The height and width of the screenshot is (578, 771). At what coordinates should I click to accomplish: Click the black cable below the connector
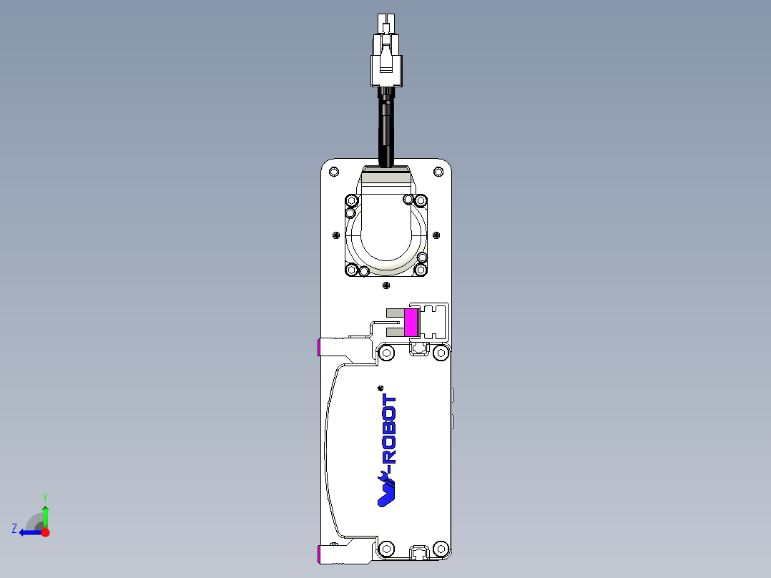point(386,129)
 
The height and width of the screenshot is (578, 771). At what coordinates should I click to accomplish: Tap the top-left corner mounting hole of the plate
point(333,172)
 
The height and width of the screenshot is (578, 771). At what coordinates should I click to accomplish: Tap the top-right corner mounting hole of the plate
point(438,172)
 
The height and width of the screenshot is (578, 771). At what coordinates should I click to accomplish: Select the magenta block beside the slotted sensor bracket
point(411,322)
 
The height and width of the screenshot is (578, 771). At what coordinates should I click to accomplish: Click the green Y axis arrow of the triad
point(45,514)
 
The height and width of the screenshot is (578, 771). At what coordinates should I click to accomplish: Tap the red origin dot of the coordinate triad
point(45,532)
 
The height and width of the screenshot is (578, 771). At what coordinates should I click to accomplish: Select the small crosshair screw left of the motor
point(336,235)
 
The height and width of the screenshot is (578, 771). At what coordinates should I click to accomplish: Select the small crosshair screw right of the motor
point(437,235)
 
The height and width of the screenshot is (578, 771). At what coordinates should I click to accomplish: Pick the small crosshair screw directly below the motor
point(386,285)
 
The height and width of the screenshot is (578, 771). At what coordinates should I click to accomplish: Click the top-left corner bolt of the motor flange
point(351,200)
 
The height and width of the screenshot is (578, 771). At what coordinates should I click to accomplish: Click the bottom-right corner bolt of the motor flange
point(421,270)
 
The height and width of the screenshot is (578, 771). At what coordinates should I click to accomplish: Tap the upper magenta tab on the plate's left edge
point(319,348)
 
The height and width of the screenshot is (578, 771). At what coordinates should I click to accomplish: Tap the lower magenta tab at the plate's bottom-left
point(319,553)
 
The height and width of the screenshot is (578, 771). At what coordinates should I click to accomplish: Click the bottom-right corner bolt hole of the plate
point(441,549)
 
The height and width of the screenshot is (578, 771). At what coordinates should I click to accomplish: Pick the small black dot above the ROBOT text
point(380,388)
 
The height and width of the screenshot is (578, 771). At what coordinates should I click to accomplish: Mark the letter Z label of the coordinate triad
point(14,529)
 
